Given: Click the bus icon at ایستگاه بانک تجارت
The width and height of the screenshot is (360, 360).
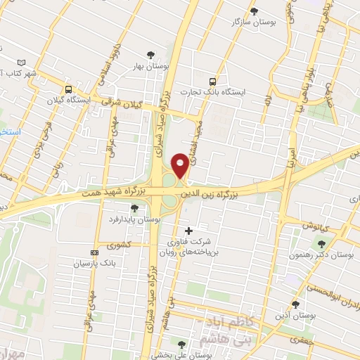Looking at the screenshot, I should pyautogui.click(x=213, y=81).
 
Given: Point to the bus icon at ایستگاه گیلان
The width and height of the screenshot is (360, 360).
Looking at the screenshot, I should pyautogui.click(x=68, y=89).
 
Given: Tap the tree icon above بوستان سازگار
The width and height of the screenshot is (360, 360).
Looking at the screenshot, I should pyautogui.click(x=254, y=11).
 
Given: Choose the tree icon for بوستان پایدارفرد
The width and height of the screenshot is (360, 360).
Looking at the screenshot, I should pyautogui.click(x=134, y=208).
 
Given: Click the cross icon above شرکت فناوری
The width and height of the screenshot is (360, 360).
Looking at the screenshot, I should pyautogui.click(x=188, y=231).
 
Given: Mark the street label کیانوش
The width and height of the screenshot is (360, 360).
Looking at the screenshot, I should pyautogui.click(x=317, y=227).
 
